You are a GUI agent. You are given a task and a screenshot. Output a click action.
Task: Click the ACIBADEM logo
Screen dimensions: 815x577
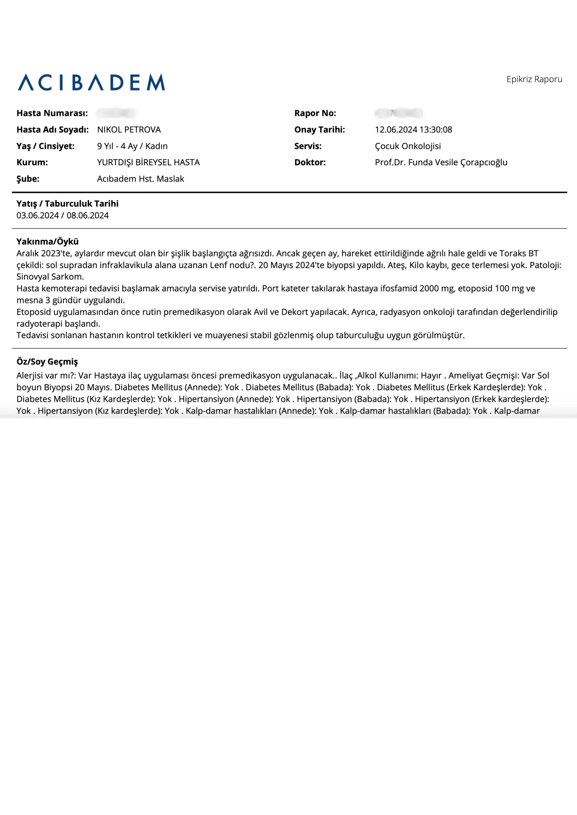pyautogui.click(x=91, y=82)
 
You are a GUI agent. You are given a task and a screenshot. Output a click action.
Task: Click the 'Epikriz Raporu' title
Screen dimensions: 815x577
pyautogui.click(x=534, y=79)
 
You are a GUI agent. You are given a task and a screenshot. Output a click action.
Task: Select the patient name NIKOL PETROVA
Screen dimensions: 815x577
pyautogui.click(x=129, y=130)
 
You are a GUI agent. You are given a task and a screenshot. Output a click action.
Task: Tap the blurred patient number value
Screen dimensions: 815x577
pyautogui.click(x=116, y=113)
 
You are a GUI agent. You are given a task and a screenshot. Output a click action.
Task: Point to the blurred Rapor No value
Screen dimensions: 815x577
pyautogui.click(x=398, y=113)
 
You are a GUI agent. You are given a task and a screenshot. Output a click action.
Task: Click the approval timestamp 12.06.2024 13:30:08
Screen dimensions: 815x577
pyautogui.click(x=413, y=130)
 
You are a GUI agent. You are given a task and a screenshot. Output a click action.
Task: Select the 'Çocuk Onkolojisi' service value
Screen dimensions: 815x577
pyautogui.click(x=408, y=146)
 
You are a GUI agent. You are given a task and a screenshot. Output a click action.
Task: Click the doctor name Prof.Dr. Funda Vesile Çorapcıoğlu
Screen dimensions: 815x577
pyautogui.click(x=441, y=162)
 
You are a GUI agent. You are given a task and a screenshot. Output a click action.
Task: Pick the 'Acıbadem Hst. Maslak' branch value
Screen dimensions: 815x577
pyautogui.click(x=141, y=179)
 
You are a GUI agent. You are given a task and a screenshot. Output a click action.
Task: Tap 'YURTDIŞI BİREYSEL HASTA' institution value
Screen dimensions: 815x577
pyautogui.click(x=148, y=162)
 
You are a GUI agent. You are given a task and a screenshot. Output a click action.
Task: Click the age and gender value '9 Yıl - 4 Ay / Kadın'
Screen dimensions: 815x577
pyautogui.click(x=132, y=146)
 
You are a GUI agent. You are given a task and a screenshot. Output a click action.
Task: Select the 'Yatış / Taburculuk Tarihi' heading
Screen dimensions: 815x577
pyautogui.click(x=67, y=203)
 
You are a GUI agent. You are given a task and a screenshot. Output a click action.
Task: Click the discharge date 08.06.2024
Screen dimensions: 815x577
pyautogui.click(x=88, y=216)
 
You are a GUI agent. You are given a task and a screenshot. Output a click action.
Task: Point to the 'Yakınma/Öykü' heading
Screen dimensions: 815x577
pyautogui.click(x=47, y=241)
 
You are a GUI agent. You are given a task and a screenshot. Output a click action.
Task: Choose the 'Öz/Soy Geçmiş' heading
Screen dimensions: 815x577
pyautogui.click(x=47, y=362)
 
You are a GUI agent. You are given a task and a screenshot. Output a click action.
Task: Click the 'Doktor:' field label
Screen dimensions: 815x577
pyautogui.click(x=310, y=162)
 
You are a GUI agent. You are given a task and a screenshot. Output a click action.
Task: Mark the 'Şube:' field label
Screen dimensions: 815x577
pyautogui.click(x=28, y=179)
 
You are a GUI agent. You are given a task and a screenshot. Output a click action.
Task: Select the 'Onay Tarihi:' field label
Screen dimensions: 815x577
pyautogui.click(x=319, y=130)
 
